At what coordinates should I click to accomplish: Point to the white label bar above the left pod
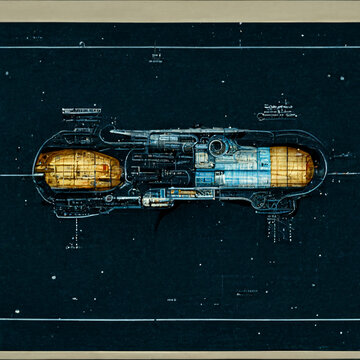pyautogui.click(x=83, y=110)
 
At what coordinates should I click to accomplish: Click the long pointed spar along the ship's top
pyautogui.click(x=160, y=133)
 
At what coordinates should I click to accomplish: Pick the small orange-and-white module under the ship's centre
pyautogui.click(x=155, y=200)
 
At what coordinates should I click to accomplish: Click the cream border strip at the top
pyautogui.click(x=180, y=10)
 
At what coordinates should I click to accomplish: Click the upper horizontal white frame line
pyautogui.click(x=180, y=47)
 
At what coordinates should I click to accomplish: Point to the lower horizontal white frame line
pyautogui.click(x=180, y=318)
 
